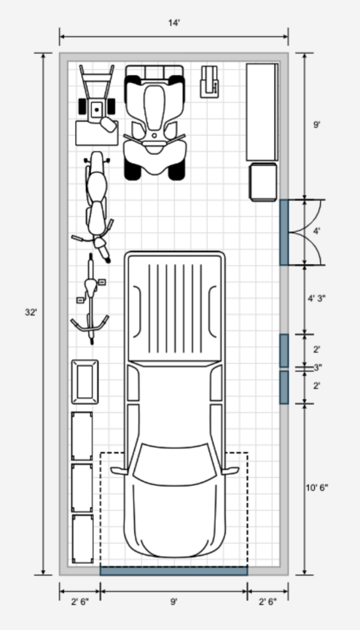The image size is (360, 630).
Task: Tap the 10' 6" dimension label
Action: pos(317,487)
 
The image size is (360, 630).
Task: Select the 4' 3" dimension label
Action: pos(317,298)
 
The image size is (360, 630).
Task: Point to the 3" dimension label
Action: pos(317,367)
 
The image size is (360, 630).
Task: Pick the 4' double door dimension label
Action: pos(317,230)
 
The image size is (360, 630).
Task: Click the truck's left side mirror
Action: pos(118,471)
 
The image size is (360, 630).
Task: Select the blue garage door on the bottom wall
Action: pos(173,571)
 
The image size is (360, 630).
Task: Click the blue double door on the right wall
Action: pos(284,232)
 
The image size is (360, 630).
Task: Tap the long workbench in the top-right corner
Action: pos(262,112)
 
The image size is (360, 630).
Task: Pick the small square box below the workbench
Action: pos(263,182)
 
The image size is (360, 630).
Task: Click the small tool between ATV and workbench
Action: pos(209,80)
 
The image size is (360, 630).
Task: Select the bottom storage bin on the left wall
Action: pos(82,539)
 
